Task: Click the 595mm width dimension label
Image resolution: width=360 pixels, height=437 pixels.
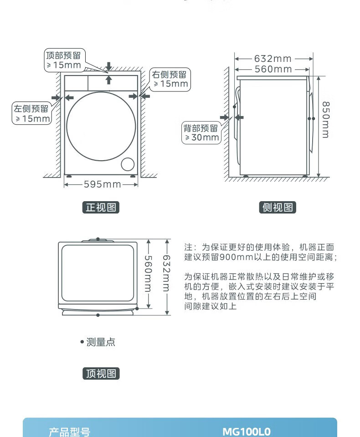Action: click(102, 184)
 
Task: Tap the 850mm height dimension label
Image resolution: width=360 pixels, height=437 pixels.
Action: click(326, 120)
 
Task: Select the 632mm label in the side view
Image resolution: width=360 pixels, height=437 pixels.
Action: click(273, 59)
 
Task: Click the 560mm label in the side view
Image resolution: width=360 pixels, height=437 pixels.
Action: click(273, 69)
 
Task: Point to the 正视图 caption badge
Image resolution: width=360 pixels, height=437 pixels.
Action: click(101, 208)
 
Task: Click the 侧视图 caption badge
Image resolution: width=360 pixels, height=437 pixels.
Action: click(278, 208)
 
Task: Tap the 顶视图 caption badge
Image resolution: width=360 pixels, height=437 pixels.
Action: click(101, 373)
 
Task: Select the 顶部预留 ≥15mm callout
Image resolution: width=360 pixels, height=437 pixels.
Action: click(64, 60)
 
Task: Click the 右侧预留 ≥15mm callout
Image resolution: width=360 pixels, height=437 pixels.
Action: click(170, 79)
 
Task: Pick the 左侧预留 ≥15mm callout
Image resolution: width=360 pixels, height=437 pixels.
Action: click(32, 113)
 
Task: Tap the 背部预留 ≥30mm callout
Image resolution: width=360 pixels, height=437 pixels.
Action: click(201, 132)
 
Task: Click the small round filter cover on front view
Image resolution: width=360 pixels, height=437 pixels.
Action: click(128, 164)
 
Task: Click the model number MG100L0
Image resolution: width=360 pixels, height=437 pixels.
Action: click(247, 432)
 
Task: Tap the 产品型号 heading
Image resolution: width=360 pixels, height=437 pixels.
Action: click(69, 432)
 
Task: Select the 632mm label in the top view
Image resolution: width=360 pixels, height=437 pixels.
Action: click(166, 273)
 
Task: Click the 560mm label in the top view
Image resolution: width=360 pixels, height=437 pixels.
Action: click(148, 274)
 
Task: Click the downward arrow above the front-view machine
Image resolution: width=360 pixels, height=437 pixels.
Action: click(108, 66)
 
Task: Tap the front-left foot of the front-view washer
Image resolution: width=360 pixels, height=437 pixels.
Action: click(69, 176)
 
